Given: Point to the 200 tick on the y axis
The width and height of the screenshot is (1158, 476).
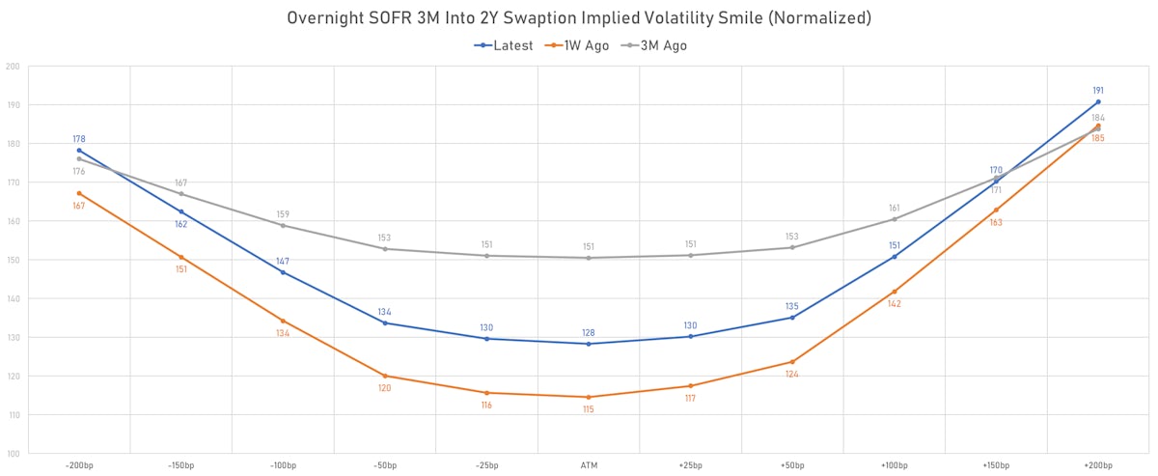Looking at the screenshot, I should click(x=13, y=67).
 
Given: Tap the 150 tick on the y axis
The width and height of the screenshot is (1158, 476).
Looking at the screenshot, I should click(x=13, y=260).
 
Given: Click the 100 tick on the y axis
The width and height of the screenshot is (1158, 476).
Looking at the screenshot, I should click(x=13, y=454).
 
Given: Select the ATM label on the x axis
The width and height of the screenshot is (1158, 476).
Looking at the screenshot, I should click(x=589, y=465).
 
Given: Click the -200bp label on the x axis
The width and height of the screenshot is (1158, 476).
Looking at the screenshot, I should click(x=79, y=465).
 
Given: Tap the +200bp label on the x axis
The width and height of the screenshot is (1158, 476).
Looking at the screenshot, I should click(x=1098, y=465).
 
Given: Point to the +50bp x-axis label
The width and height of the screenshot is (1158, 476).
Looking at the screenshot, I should click(x=792, y=465).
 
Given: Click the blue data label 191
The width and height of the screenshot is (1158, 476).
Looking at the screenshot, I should click(x=1098, y=91).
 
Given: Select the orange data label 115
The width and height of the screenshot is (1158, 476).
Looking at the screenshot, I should click(x=589, y=409).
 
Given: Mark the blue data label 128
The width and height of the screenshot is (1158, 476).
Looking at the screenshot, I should click(x=589, y=332).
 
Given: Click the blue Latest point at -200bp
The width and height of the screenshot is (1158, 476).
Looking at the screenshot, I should click(x=79, y=151).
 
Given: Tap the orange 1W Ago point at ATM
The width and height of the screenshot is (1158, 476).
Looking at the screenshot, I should click(x=589, y=397).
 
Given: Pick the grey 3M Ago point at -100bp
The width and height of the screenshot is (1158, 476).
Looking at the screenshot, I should click(x=283, y=225).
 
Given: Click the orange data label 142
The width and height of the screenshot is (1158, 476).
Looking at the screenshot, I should click(x=895, y=304).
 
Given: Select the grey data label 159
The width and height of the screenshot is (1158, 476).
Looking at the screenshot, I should click(x=283, y=214).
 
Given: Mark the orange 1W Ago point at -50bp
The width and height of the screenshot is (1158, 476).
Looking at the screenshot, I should click(x=385, y=376).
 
